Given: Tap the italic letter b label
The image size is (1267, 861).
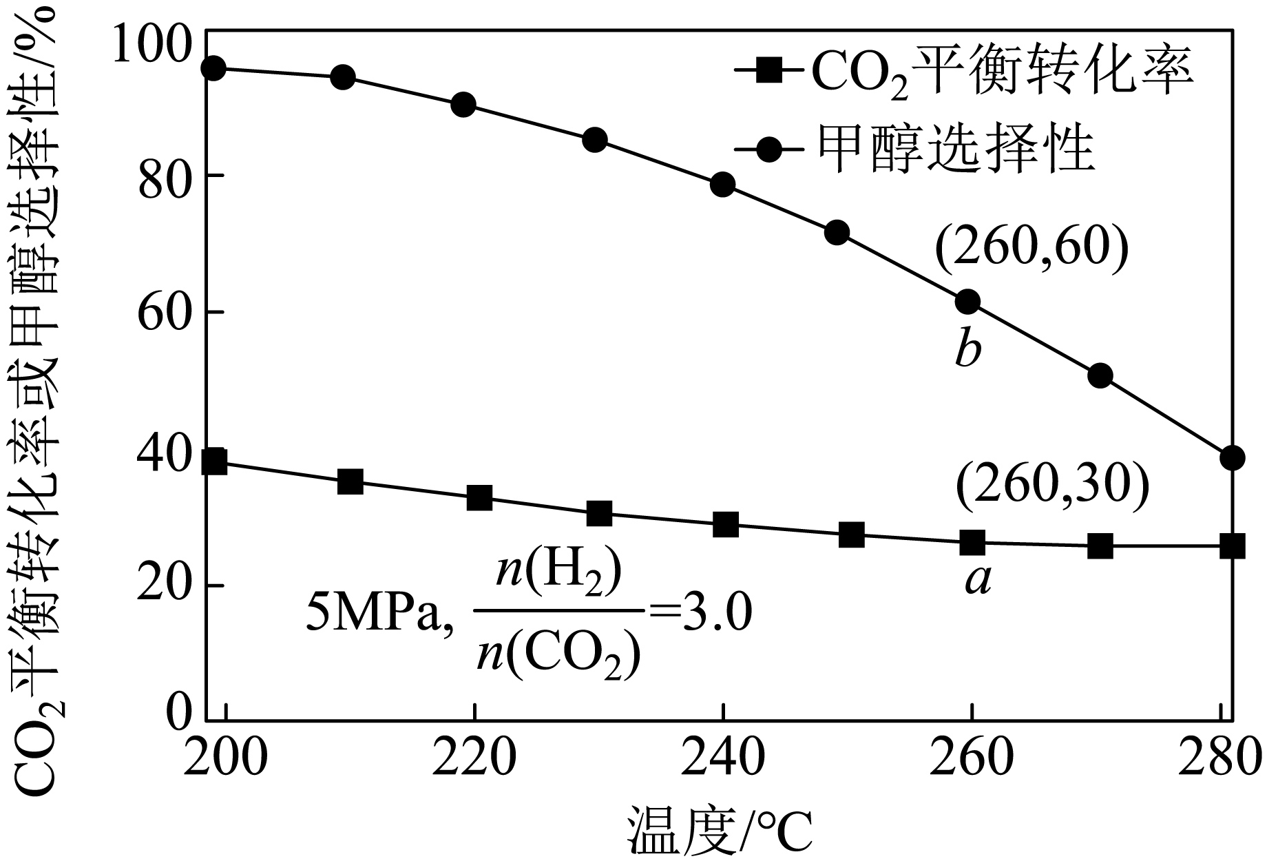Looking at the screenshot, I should click(x=967, y=350).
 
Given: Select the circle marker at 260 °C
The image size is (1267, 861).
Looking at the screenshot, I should click(x=967, y=301).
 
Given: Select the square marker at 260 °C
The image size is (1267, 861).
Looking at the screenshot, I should click(x=972, y=543).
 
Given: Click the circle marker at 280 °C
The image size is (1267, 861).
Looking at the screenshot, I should click(x=1232, y=457).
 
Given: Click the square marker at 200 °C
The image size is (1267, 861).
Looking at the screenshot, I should click(x=214, y=462).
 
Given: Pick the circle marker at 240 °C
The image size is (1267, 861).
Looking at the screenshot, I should click(x=722, y=185).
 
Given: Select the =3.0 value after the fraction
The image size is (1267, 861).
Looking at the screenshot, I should click(x=698, y=613).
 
